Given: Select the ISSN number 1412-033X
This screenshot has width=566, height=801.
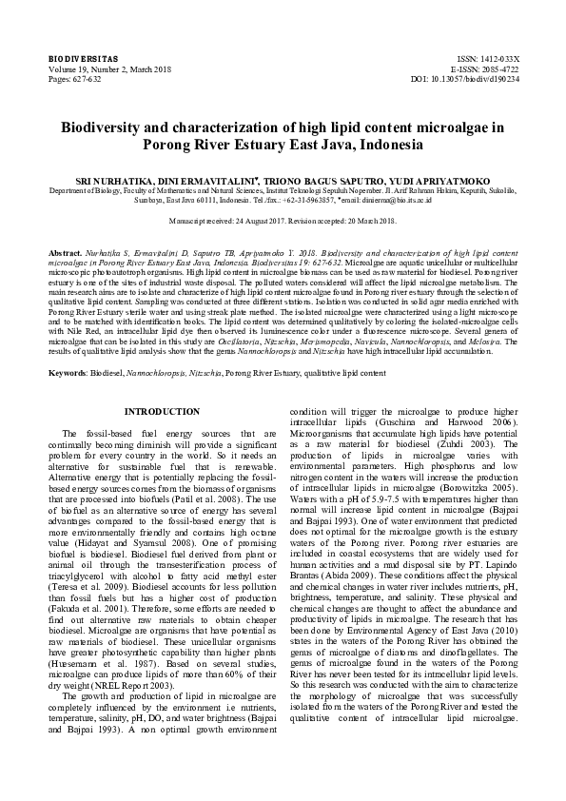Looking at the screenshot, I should coord(496,59).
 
